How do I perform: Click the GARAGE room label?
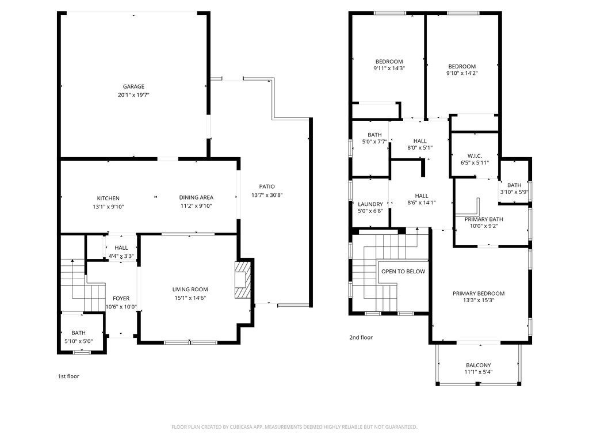coord(133,86)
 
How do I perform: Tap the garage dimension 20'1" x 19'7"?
coord(133,95)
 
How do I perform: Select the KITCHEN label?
coord(108,198)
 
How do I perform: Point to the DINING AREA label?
coord(196,197)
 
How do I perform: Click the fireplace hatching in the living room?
coord(242,280)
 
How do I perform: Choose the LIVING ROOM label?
coord(190,289)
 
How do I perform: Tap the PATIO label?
coord(267,186)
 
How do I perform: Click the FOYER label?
coord(121,299)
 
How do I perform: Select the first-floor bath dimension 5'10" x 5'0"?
coord(78,341)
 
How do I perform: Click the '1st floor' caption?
coord(68,376)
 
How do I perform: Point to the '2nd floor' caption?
coord(361,337)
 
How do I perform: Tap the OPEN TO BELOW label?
coord(403,272)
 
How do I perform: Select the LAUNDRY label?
coord(370,204)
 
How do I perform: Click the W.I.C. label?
coord(475,155)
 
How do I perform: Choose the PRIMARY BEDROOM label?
coord(478,294)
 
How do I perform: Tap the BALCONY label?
coord(478,365)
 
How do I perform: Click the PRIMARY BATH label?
coord(483,219)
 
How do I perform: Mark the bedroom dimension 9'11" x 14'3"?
coord(389,68)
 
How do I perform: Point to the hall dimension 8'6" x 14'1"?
coord(422,203)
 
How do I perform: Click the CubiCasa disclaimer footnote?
coord(294,427)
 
